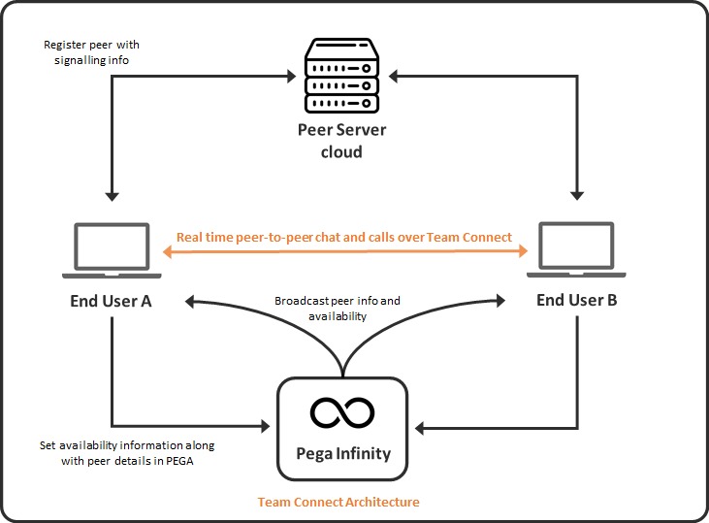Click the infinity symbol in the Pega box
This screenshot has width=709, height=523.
342,411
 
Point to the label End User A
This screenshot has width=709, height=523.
111,301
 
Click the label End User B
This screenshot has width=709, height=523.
577,300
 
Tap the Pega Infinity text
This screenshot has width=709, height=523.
342,453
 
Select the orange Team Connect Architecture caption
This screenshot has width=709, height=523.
338,503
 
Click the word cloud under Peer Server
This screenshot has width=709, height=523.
342,152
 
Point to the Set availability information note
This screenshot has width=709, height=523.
127,452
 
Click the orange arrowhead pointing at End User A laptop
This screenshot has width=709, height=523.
166,251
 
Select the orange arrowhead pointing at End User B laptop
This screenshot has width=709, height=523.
522,251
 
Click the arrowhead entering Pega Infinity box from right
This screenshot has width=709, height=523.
419,425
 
